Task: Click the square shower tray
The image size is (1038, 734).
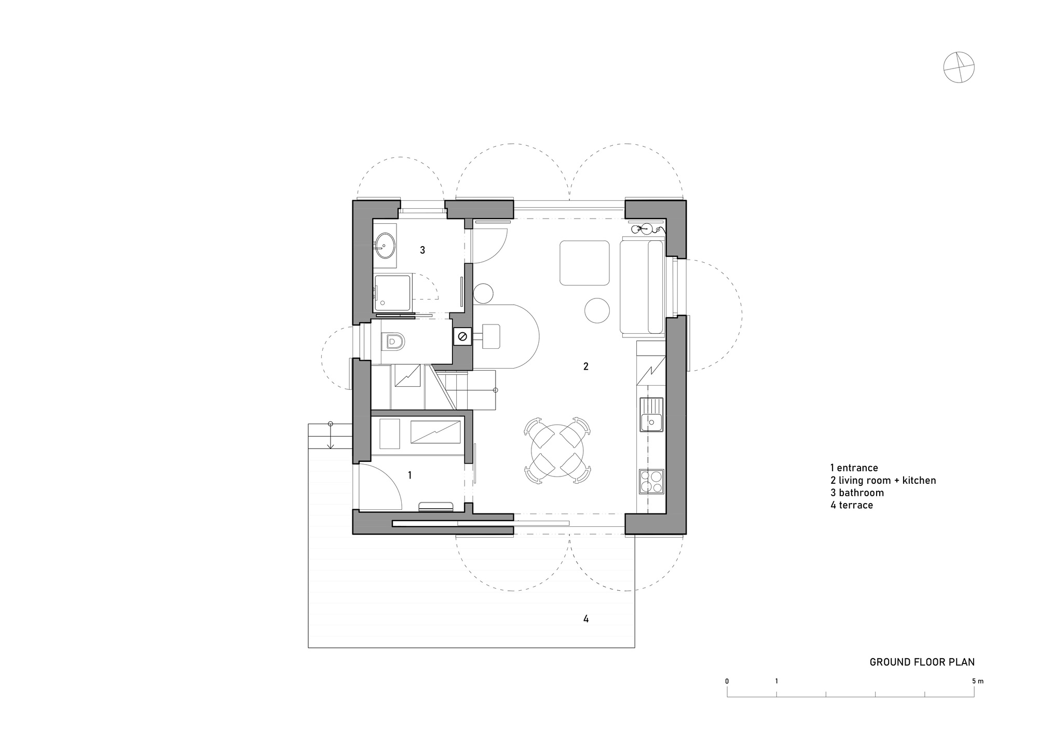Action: (x=393, y=293)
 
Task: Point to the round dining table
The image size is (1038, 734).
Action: (x=557, y=450)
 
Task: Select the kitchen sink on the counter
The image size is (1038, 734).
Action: (x=651, y=414)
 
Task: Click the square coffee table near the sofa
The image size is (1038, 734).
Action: (x=584, y=263)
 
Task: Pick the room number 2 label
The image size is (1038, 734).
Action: (x=586, y=366)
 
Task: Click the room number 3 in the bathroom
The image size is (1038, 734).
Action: (x=422, y=250)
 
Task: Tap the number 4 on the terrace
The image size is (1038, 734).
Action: (x=586, y=619)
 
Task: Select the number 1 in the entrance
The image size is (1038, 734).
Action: (x=409, y=475)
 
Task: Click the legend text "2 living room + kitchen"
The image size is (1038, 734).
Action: (x=883, y=480)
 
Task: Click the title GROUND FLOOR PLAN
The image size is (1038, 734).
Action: (x=922, y=662)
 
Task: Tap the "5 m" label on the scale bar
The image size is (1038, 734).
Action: (x=977, y=681)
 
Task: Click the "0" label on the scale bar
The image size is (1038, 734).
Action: (x=727, y=681)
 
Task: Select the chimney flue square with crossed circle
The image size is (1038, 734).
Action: (x=462, y=337)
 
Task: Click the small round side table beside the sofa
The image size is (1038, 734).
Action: (x=597, y=310)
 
